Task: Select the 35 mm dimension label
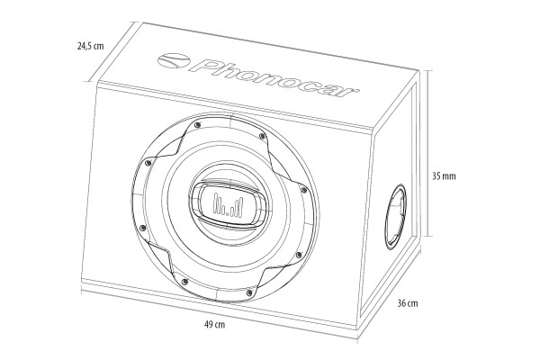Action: click(x=445, y=176)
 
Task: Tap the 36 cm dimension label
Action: click(x=408, y=304)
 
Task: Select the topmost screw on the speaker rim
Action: click(x=196, y=123)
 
